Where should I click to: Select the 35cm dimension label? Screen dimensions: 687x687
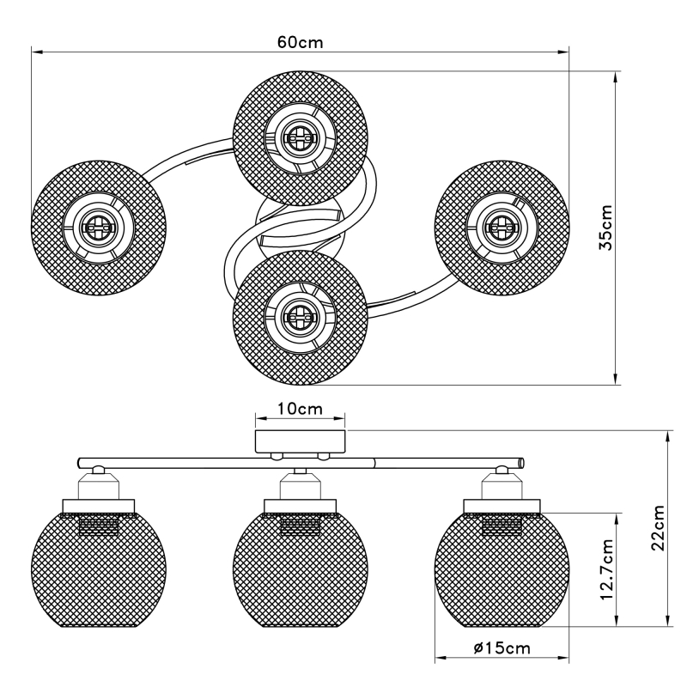point(605,228)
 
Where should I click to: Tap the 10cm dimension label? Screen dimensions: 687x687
point(300,409)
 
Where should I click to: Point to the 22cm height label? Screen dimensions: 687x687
point(658,527)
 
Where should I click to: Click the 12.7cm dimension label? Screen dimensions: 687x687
point(605,568)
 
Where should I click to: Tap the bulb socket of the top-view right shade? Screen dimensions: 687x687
point(501,227)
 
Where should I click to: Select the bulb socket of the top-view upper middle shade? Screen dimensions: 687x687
point(300,137)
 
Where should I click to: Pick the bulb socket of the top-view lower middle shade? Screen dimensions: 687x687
point(300,316)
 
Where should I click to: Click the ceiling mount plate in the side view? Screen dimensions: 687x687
point(300,441)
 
